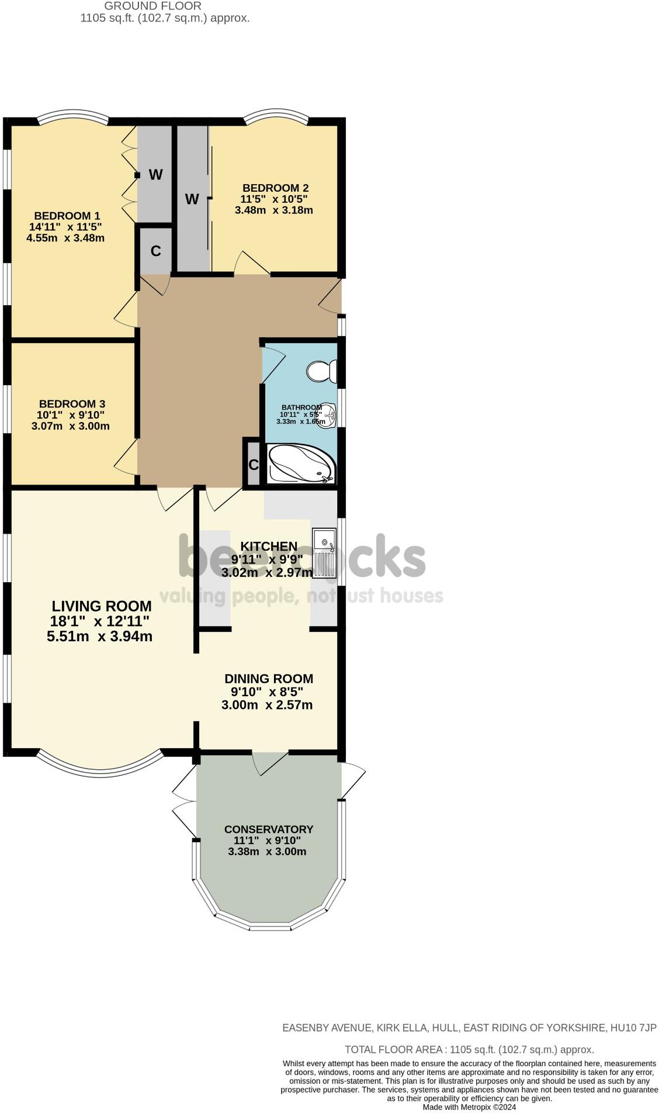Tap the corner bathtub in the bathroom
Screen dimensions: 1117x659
click(301, 464)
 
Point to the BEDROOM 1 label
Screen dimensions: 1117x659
click(67, 216)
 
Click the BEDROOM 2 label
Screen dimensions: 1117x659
click(275, 188)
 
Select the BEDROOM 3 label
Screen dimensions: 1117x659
click(72, 404)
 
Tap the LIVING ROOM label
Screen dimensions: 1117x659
click(102, 606)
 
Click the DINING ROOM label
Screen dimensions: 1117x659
click(269, 679)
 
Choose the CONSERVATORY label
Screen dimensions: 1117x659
click(269, 829)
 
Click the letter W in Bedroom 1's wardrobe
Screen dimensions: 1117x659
click(155, 175)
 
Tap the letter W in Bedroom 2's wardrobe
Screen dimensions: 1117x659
click(192, 199)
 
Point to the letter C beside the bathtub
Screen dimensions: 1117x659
click(254, 465)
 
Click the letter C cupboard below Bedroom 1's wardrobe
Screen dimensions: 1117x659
click(155, 251)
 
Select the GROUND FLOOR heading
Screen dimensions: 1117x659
click(152, 6)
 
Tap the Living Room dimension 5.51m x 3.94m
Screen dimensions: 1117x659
click(99, 637)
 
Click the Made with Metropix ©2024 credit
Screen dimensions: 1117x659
click(469, 1107)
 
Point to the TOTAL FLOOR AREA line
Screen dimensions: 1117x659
click(469, 1050)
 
